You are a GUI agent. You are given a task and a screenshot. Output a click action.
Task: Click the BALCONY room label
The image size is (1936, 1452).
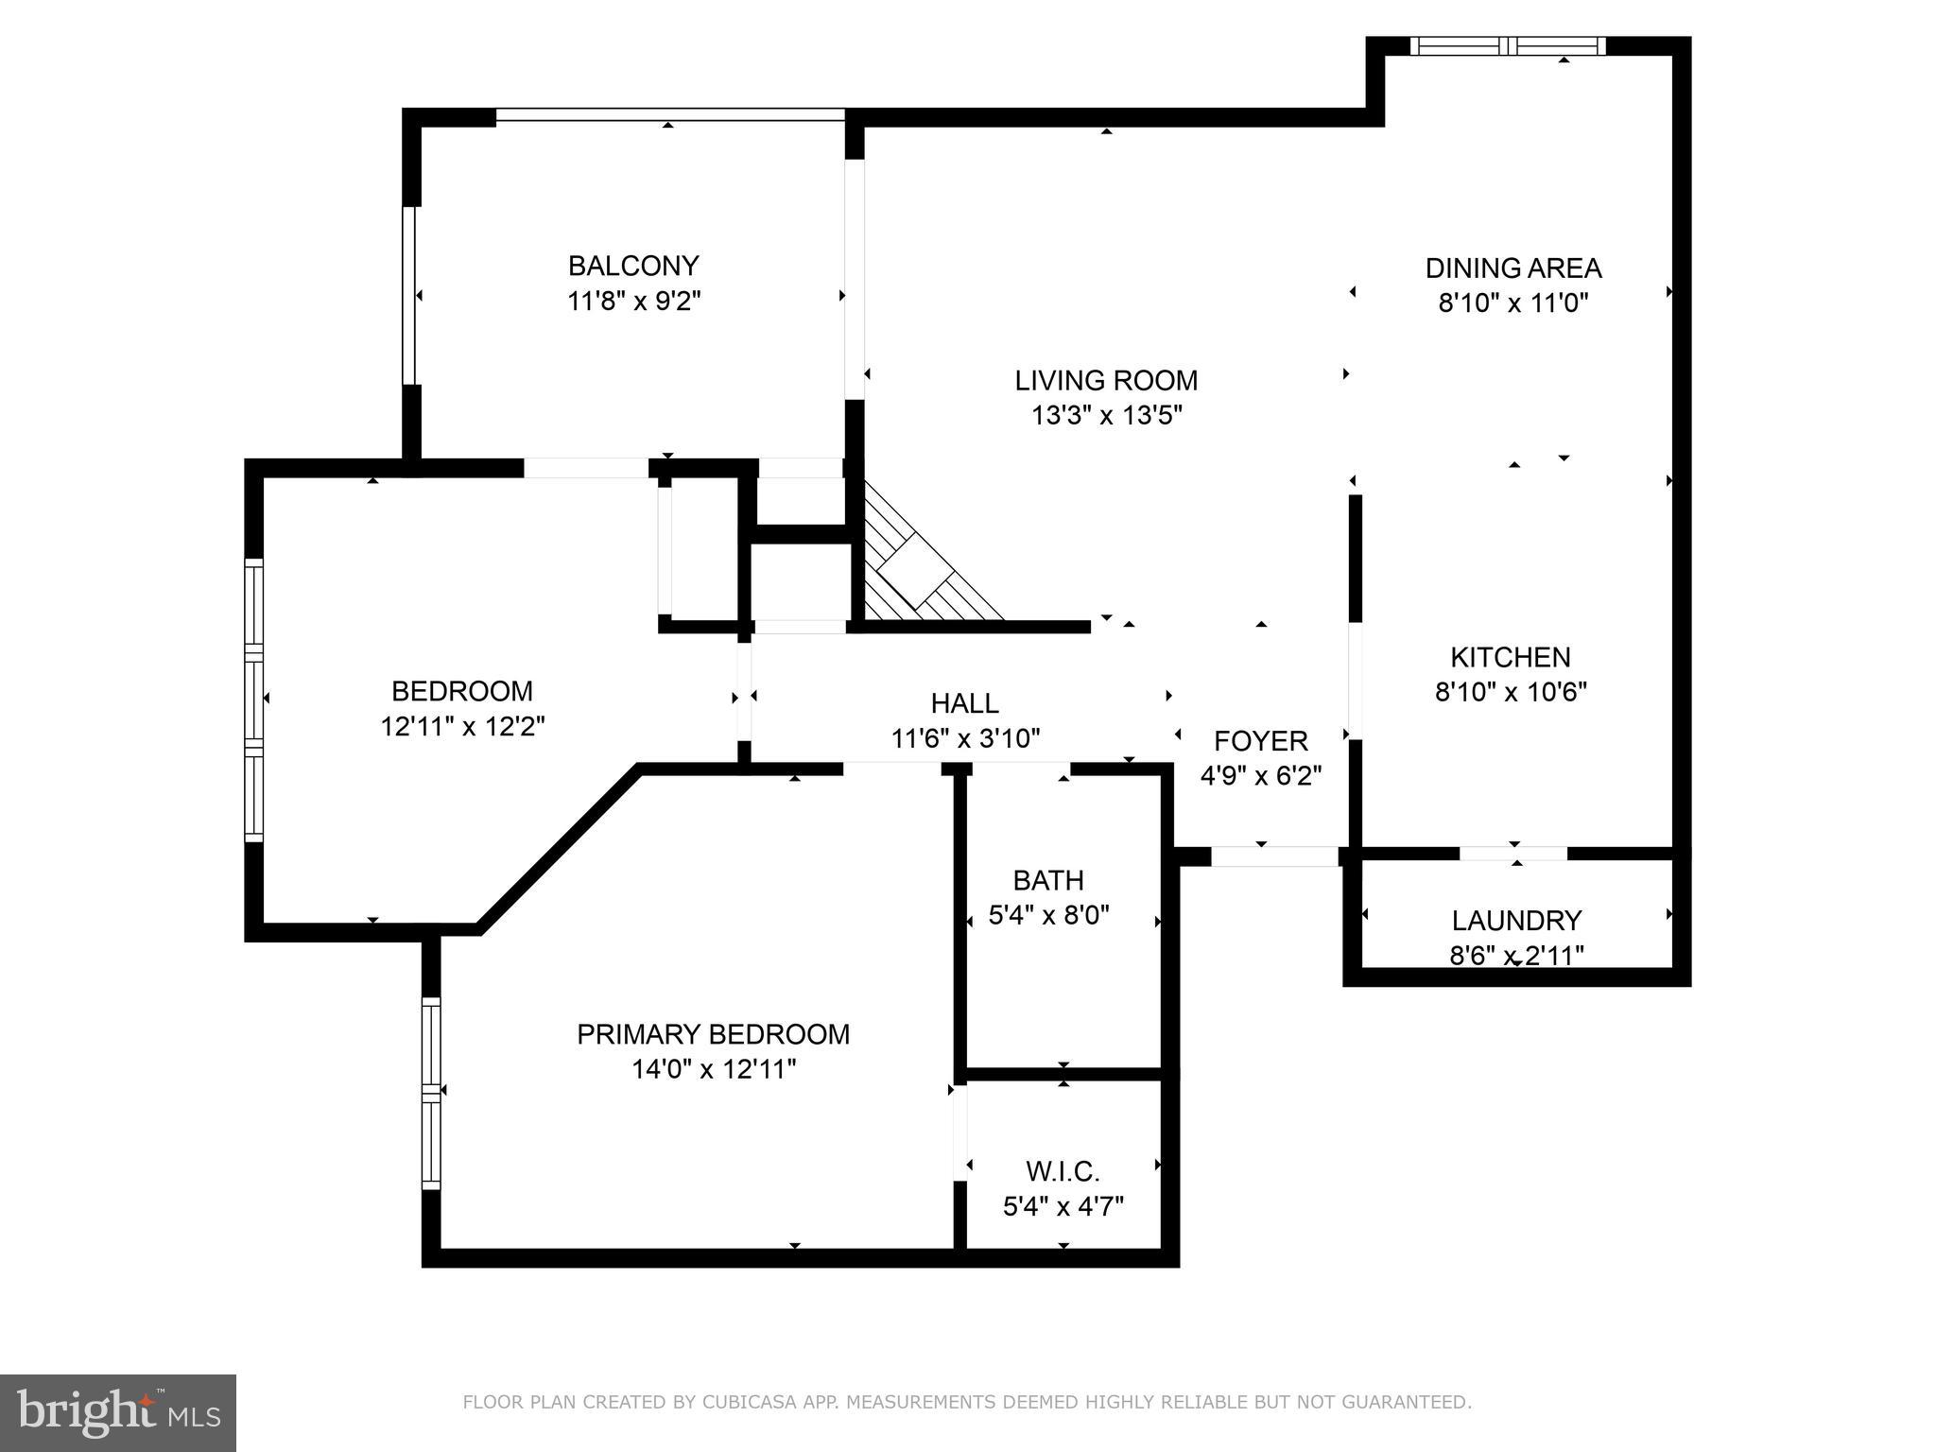click(x=633, y=265)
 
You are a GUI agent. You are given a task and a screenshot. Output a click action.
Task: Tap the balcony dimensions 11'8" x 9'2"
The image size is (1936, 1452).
click(x=633, y=302)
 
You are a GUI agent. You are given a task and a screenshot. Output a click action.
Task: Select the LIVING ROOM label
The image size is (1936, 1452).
click(x=1106, y=380)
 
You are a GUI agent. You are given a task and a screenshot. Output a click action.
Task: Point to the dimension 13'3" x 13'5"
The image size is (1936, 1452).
click(x=1106, y=415)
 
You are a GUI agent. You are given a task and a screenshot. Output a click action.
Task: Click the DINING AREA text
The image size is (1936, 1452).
click(x=1512, y=268)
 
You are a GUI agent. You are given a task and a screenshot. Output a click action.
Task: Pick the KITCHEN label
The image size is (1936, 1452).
click(x=1510, y=657)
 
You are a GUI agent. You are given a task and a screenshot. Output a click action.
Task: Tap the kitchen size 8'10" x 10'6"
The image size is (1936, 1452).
click(x=1510, y=692)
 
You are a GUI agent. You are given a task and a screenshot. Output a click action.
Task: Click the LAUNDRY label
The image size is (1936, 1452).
click(x=1516, y=920)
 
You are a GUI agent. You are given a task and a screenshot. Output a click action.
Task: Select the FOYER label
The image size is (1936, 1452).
click(x=1260, y=740)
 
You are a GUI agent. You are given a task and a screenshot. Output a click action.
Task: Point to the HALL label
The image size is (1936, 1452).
click(x=964, y=703)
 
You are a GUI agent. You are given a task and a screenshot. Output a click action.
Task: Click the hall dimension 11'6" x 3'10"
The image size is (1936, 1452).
click(x=964, y=738)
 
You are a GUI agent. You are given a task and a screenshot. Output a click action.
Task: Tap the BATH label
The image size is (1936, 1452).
click(x=1047, y=880)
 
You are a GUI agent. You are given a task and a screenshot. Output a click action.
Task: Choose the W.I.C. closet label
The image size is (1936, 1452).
click(x=1063, y=1172)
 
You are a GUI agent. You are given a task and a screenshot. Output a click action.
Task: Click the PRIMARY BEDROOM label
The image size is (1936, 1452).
click(x=713, y=1034)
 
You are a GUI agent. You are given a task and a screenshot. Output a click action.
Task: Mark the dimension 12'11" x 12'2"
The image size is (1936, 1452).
click(x=462, y=726)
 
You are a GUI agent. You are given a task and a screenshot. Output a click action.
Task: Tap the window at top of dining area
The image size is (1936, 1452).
click(x=1508, y=45)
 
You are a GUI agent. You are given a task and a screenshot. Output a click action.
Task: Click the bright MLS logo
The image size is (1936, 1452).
click(x=117, y=1412)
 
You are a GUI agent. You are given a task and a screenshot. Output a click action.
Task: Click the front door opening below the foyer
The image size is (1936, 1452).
click(x=1274, y=856)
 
